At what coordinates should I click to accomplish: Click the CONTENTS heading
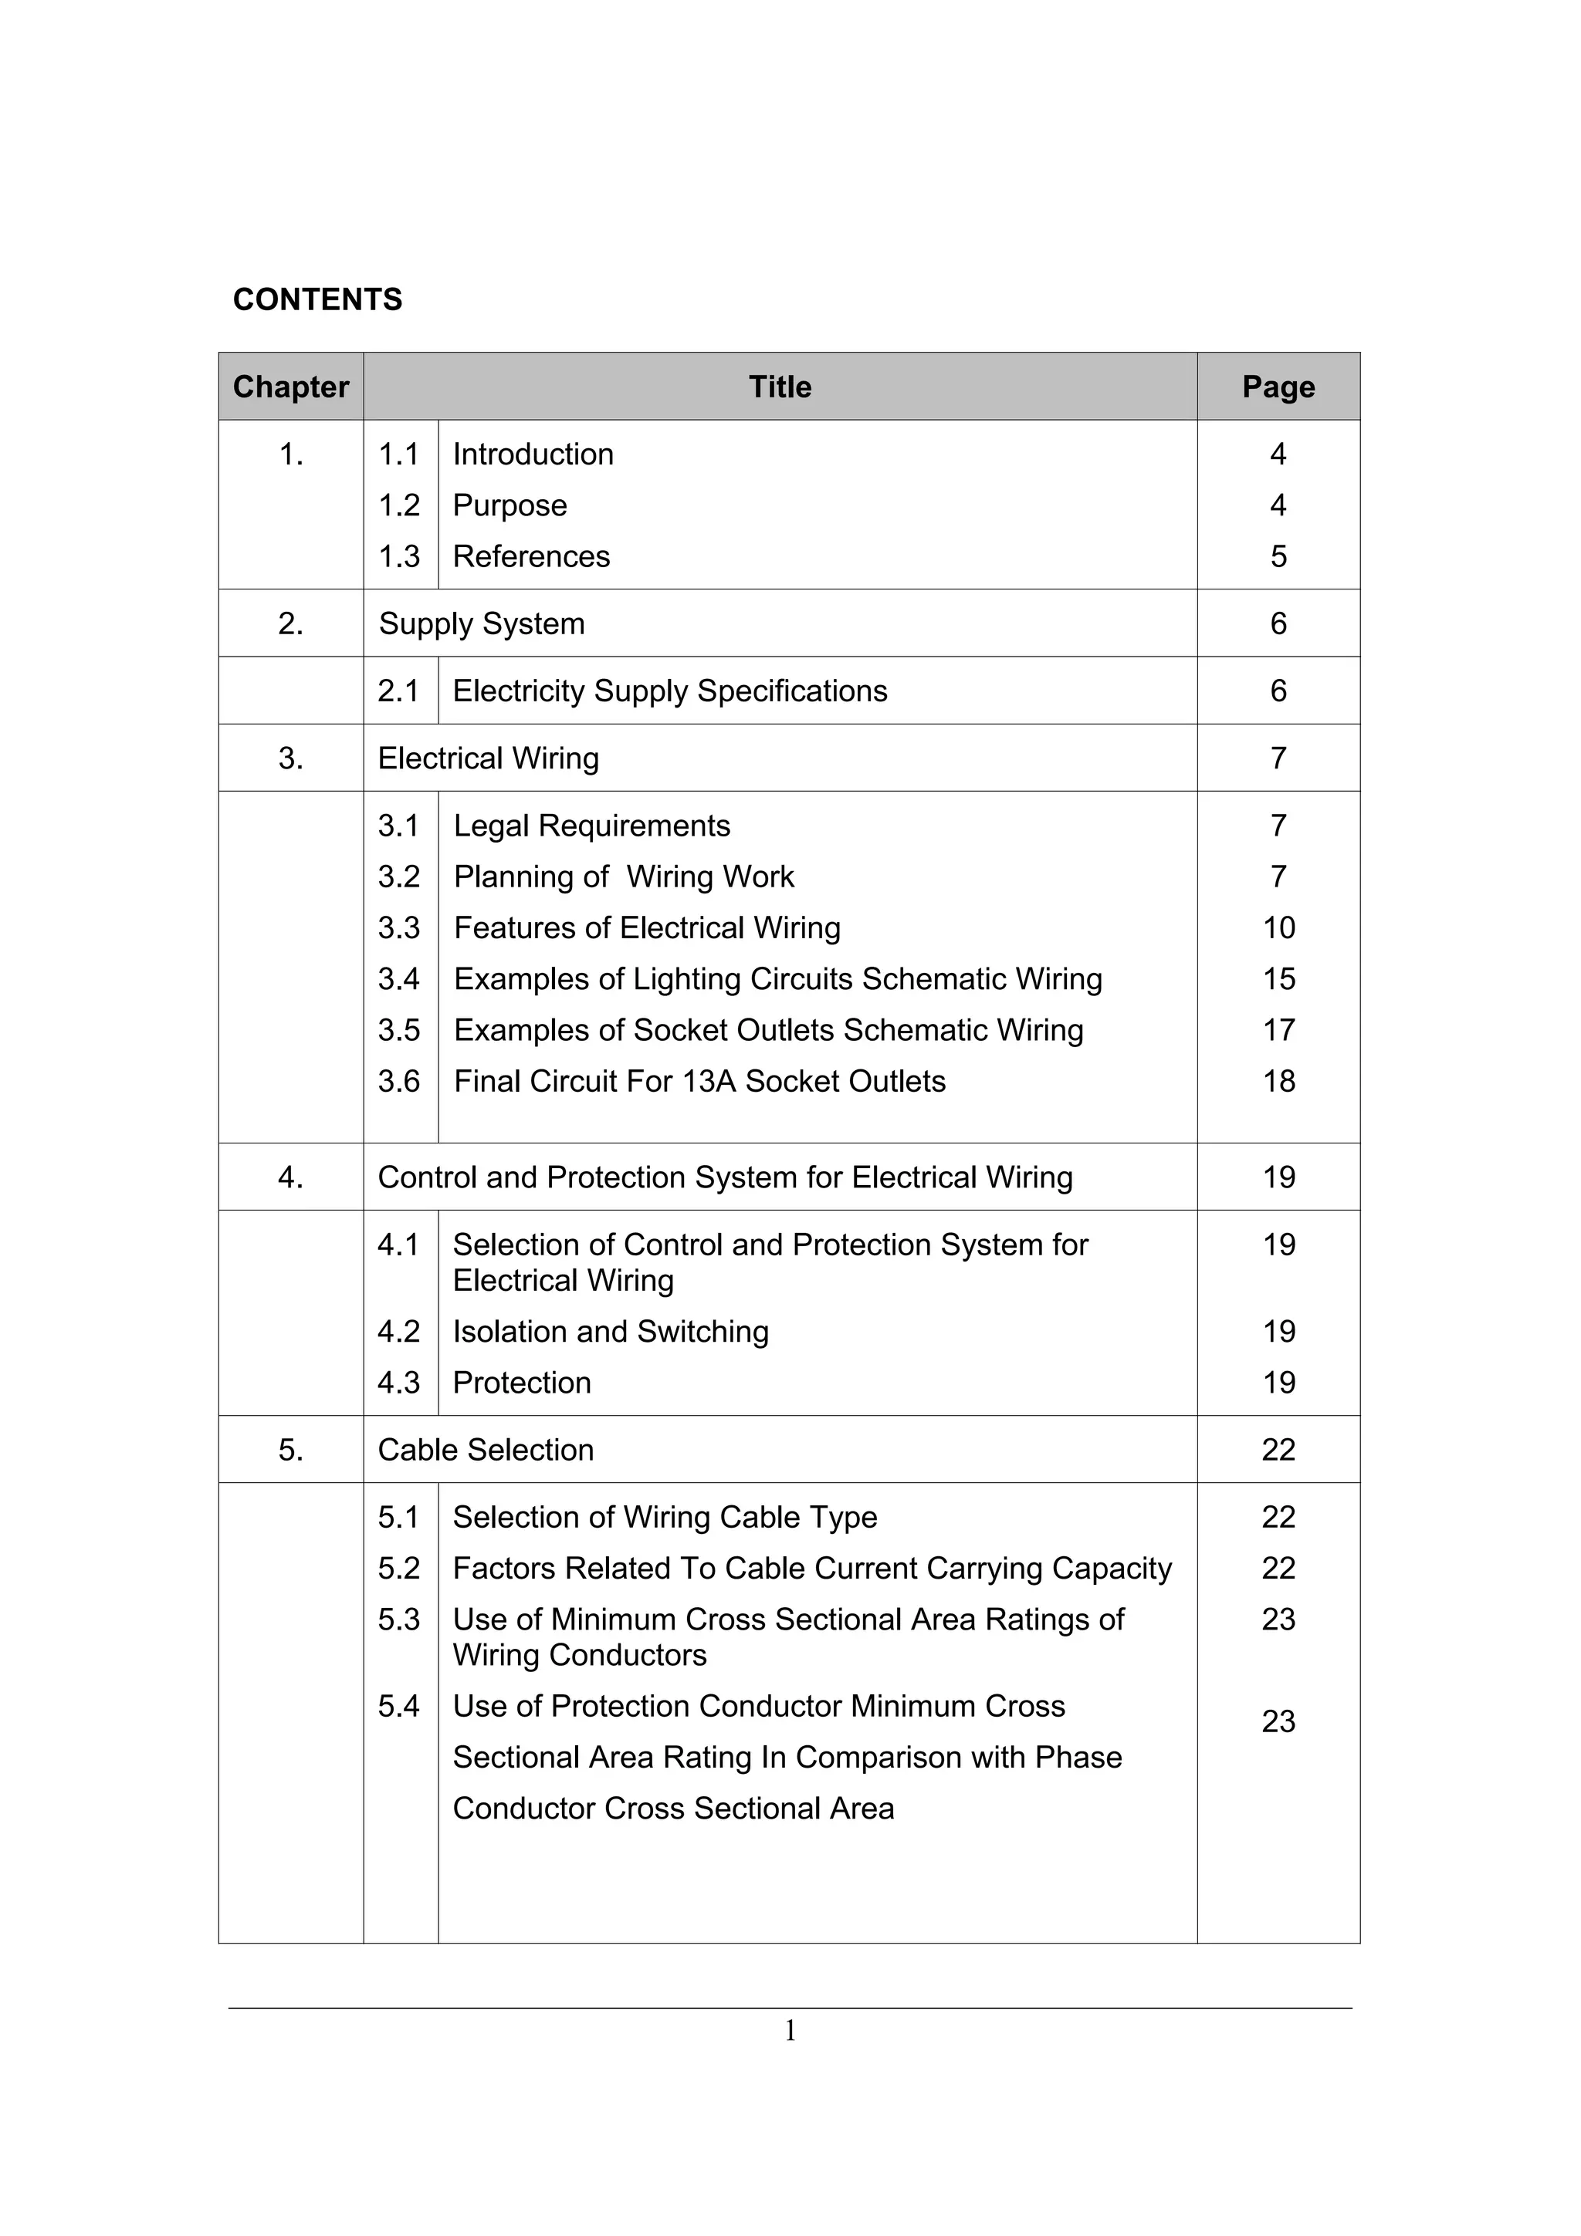pyautogui.click(x=317, y=299)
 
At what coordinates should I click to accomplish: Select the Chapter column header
pyautogui.click(x=290, y=387)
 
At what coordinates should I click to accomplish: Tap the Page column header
pyautogui.click(x=1278, y=387)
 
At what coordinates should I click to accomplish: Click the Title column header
pyautogui.click(x=779, y=387)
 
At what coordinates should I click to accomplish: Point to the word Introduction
pyautogui.click(x=533, y=454)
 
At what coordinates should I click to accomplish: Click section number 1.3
pyautogui.click(x=398, y=556)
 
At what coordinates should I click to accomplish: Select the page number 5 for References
pyautogui.click(x=1278, y=556)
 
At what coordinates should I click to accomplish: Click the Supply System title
pyautogui.click(x=481, y=623)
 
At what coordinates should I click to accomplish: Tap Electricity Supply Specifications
pyautogui.click(x=670, y=691)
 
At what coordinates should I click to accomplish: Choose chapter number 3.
pyautogui.click(x=290, y=758)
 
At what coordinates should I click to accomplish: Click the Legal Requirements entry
pyautogui.click(x=591, y=826)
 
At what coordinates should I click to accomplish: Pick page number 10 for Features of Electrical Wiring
pyautogui.click(x=1278, y=927)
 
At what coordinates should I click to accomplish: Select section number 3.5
pyautogui.click(x=398, y=1029)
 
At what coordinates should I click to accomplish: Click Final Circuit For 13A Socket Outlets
pyautogui.click(x=699, y=1081)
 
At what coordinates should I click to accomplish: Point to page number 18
pyautogui.click(x=1278, y=1081)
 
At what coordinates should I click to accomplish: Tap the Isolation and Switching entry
pyautogui.click(x=611, y=1331)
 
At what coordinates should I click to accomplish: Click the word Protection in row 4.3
pyautogui.click(x=522, y=1382)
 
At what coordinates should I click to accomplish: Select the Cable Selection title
pyautogui.click(x=485, y=1449)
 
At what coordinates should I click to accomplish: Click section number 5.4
pyautogui.click(x=398, y=1706)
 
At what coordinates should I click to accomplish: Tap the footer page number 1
pyautogui.click(x=790, y=2031)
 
